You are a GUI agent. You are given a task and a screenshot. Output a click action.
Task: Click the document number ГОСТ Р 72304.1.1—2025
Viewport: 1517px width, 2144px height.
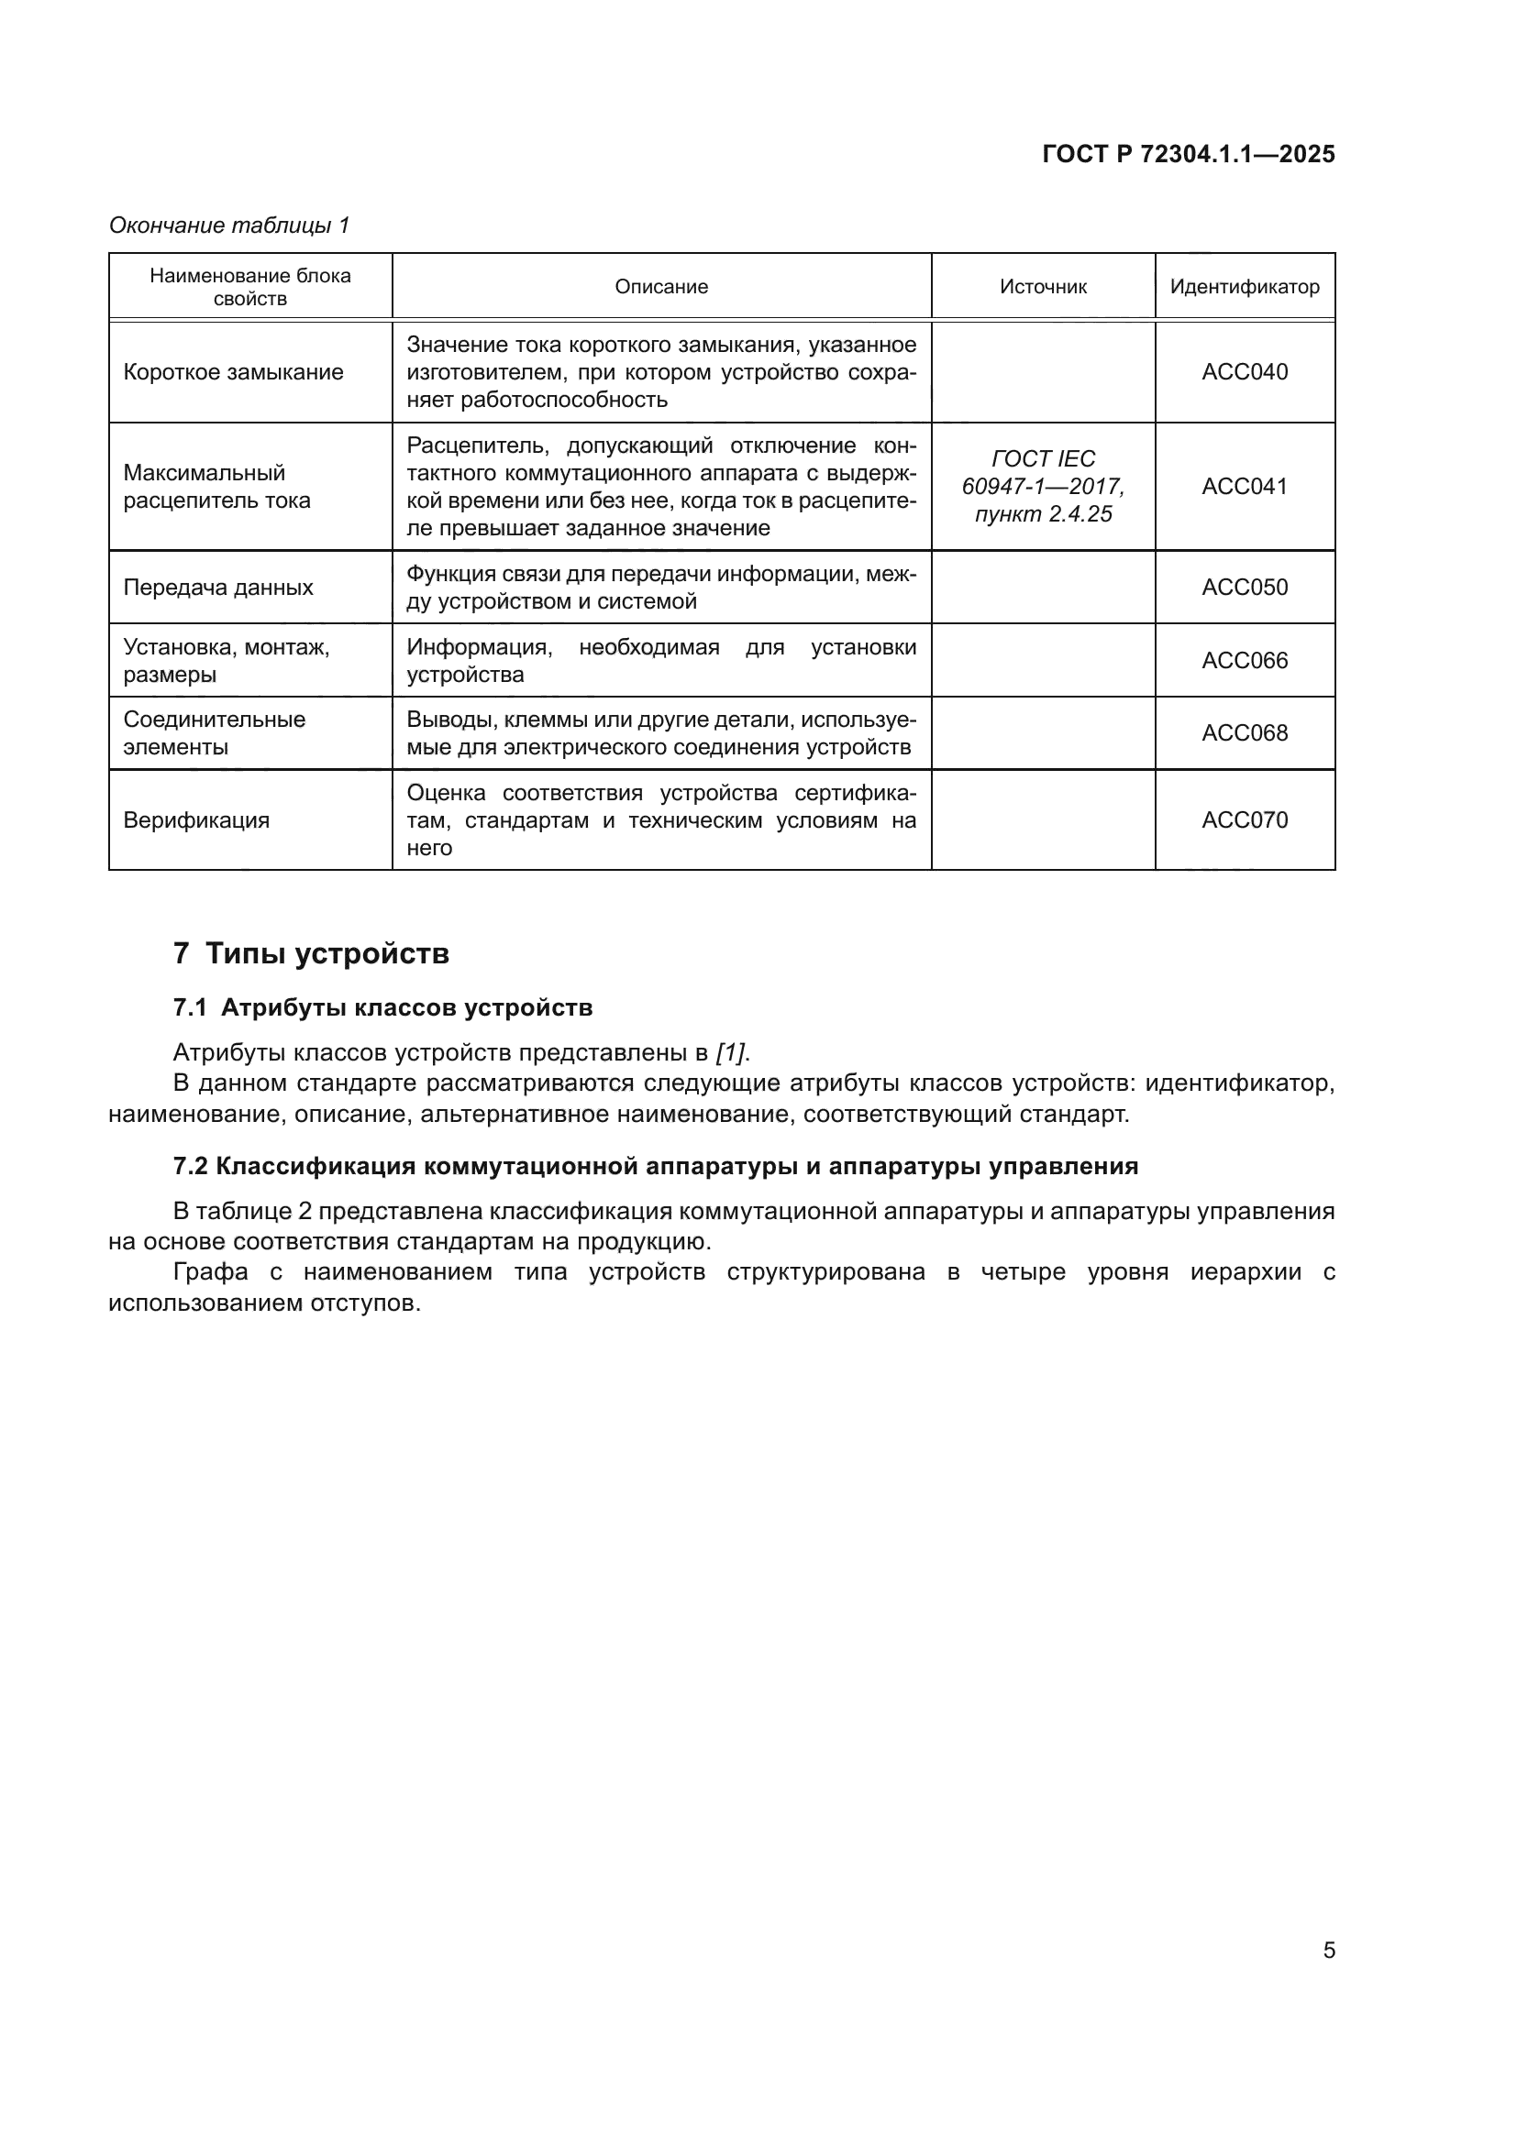[1188, 154]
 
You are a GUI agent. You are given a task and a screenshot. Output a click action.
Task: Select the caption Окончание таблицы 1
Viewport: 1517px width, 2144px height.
[229, 225]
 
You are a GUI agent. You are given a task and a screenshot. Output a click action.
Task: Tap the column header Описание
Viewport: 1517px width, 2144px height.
[661, 287]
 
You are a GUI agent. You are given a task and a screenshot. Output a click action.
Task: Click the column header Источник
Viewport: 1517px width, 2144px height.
[1043, 287]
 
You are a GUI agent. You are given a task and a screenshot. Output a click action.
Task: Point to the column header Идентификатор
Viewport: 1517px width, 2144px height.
[1245, 287]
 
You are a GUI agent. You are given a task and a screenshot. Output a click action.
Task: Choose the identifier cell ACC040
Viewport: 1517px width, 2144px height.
[1245, 371]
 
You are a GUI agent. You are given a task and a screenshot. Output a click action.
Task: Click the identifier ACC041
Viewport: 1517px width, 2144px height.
[1245, 487]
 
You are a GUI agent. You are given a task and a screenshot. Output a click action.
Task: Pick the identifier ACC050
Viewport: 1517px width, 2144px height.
[1245, 588]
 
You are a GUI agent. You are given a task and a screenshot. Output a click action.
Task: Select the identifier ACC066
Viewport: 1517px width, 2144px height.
[1245, 660]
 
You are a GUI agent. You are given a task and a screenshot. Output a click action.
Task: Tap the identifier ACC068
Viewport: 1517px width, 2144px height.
[1245, 733]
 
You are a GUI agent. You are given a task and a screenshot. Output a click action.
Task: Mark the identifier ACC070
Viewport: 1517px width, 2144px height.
[1245, 819]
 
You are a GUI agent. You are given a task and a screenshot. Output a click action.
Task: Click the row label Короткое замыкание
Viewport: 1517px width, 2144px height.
[234, 371]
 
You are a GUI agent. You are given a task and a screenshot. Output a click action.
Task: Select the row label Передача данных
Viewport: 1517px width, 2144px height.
[217, 588]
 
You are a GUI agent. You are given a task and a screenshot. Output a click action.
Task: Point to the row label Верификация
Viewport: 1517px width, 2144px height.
[196, 819]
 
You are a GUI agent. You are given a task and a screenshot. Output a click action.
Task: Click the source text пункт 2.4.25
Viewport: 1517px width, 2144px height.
[1043, 514]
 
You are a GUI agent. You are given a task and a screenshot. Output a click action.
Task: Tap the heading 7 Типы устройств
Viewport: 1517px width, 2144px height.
[311, 953]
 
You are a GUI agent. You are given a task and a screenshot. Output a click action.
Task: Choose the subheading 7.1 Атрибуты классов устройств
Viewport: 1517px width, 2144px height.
[383, 1007]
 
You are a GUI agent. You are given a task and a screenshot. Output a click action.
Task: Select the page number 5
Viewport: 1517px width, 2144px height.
[1328, 1950]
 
